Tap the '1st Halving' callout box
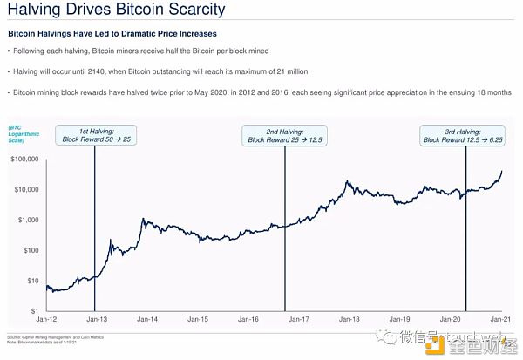click(x=95, y=134)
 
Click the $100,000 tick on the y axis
click(x=24, y=160)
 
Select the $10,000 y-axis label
click(x=25, y=190)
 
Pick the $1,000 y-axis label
click(x=27, y=220)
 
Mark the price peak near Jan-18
click(x=348, y=181)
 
